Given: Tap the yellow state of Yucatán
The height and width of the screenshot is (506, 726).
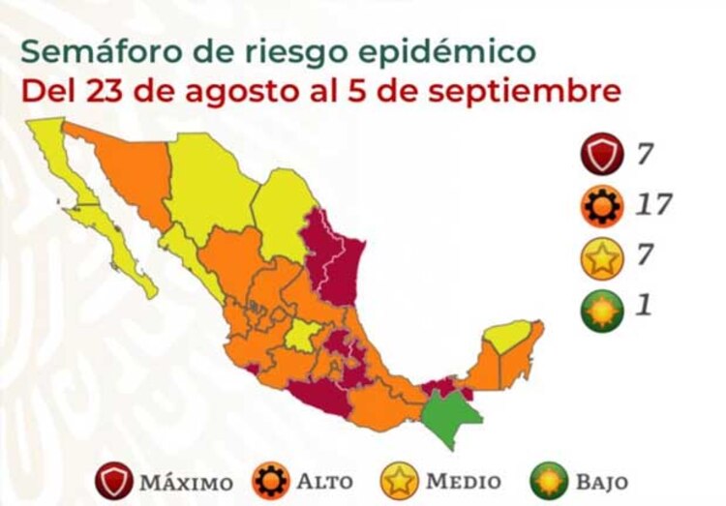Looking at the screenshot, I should click(x=509, y=336).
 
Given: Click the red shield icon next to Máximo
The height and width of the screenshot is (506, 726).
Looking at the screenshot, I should click(x=114, y=481).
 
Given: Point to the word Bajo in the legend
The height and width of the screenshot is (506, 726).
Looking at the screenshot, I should click(x=599, y=481).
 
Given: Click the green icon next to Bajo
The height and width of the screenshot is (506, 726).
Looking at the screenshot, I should click(x=548, y=481).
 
